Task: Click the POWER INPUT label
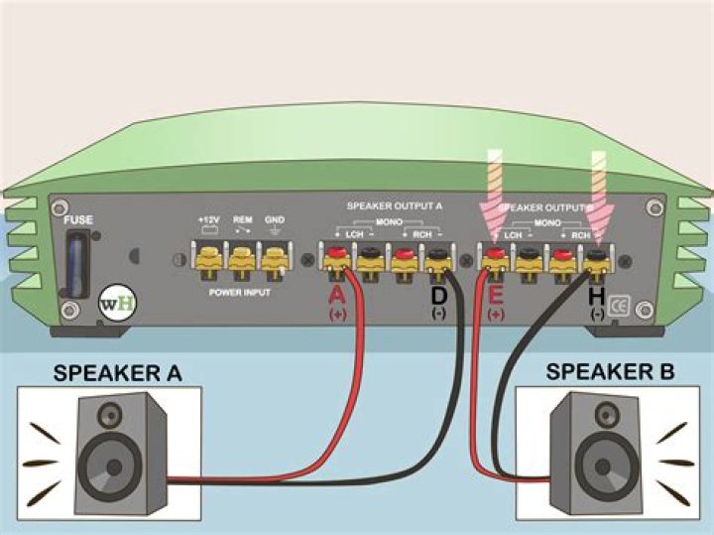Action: coord(240,293)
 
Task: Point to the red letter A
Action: coord(337,295)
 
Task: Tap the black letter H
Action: coord(597,295)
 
